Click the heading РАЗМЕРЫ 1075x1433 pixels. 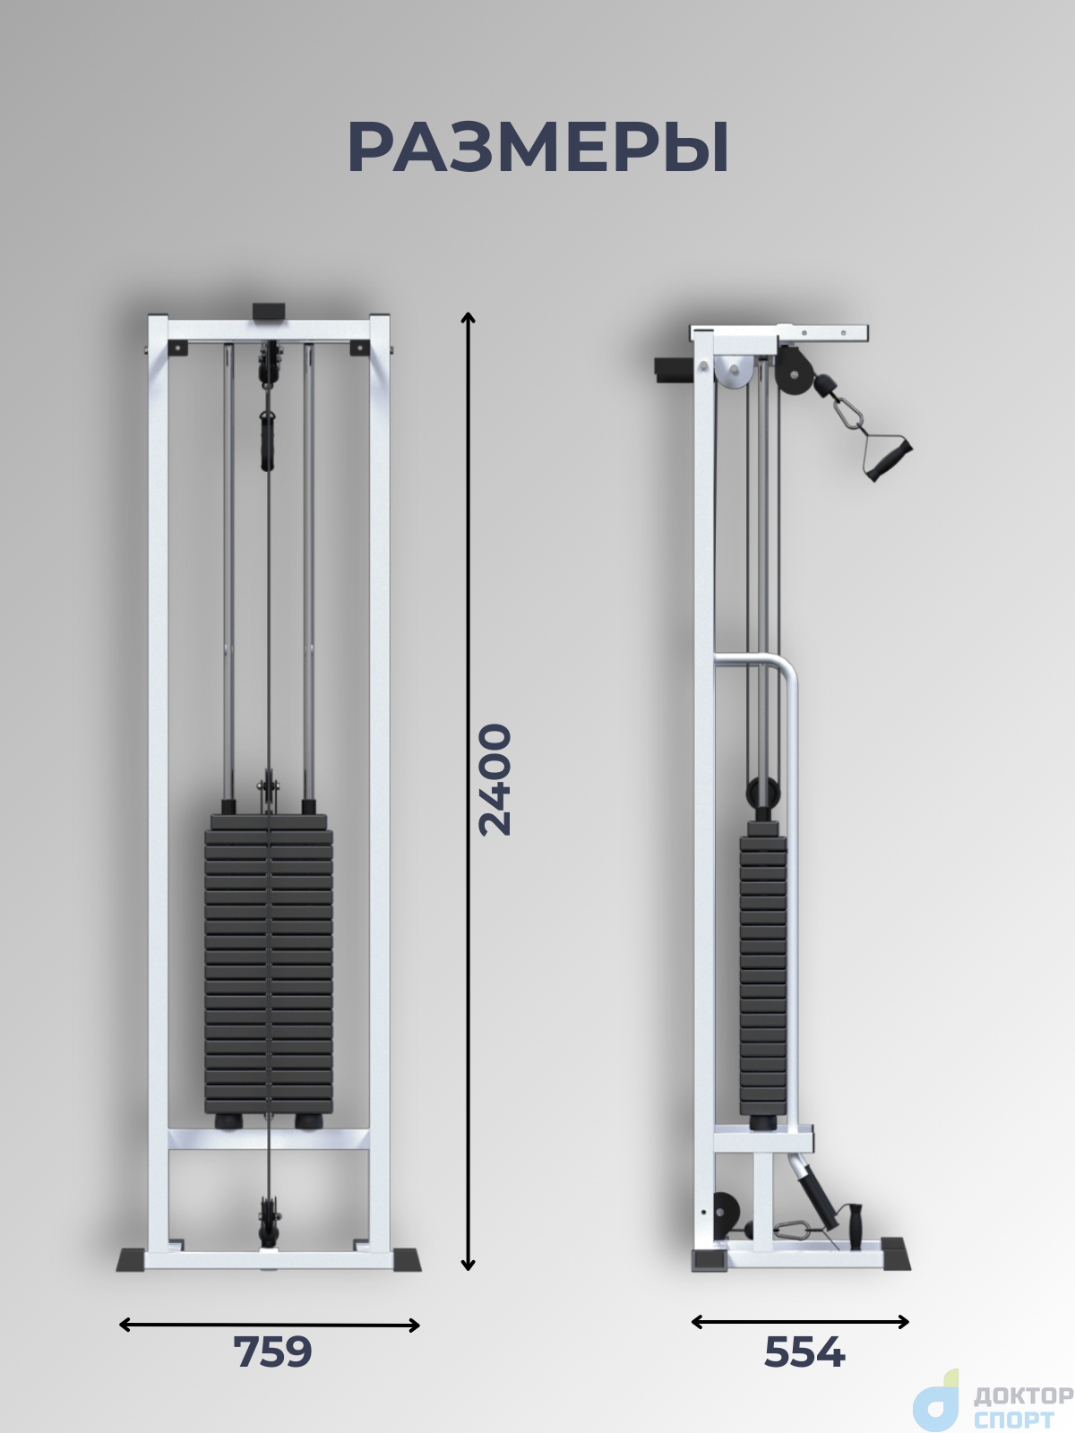tap(537, 148)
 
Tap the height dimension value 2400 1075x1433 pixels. tap(494, 779)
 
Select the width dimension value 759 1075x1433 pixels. tap(272, 1352)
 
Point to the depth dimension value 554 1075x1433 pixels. tap(804, 1352)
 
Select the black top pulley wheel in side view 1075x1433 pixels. tap(795, 375)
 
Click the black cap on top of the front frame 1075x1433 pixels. tap(269, 312)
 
